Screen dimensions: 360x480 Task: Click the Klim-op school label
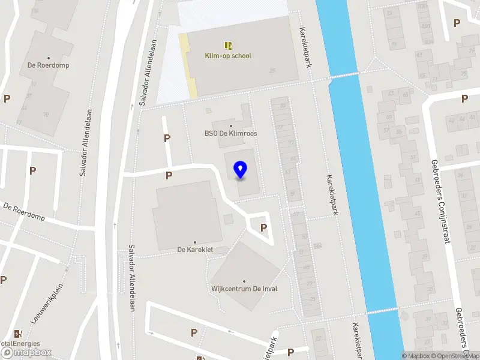pos(228,56)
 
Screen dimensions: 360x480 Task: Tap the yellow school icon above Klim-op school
pos(228,45)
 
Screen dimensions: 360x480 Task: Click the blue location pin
pos(240,170)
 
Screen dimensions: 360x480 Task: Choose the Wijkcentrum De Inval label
pos(244,289)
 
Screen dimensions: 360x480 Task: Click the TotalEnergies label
pos(19,344)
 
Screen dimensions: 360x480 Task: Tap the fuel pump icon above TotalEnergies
pos(18,334)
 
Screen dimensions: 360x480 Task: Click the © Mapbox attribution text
pos(416,356)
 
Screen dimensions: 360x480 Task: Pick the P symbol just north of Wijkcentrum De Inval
pos(263,228)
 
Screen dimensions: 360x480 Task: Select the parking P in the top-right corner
pos(457,23)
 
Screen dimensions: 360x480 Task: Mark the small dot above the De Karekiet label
pos(195,242)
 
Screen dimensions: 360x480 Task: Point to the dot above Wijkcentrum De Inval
pos(244,281)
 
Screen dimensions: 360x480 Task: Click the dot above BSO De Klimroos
pos(231,126)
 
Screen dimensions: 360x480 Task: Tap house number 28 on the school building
pos(273,71)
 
